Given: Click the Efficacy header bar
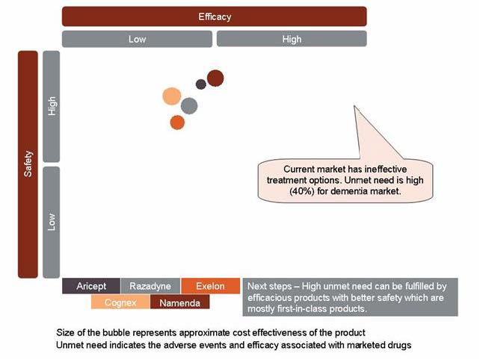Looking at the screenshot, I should point(215,16).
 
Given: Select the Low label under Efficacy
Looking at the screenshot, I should point(138,39).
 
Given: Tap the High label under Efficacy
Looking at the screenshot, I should point(292,39).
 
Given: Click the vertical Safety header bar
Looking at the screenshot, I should point(28,164).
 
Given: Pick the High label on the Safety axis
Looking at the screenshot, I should point(52,106).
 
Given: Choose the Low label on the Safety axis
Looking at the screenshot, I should point(52,222).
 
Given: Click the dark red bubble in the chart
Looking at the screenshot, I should point(215,78).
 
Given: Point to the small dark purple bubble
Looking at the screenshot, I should point(200,84).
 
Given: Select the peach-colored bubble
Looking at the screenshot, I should point(172,96).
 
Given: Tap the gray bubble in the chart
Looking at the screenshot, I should point(189,106).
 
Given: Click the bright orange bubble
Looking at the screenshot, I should point(177,122).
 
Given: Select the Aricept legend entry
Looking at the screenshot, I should point(91,287).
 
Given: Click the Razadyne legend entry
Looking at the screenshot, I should point(150,287).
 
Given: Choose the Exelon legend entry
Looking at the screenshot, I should point(210,287).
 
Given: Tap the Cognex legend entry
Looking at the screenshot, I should point(120,302).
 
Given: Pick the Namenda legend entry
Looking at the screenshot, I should point(180,302).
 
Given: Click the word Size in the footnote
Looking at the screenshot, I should point(66,332).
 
